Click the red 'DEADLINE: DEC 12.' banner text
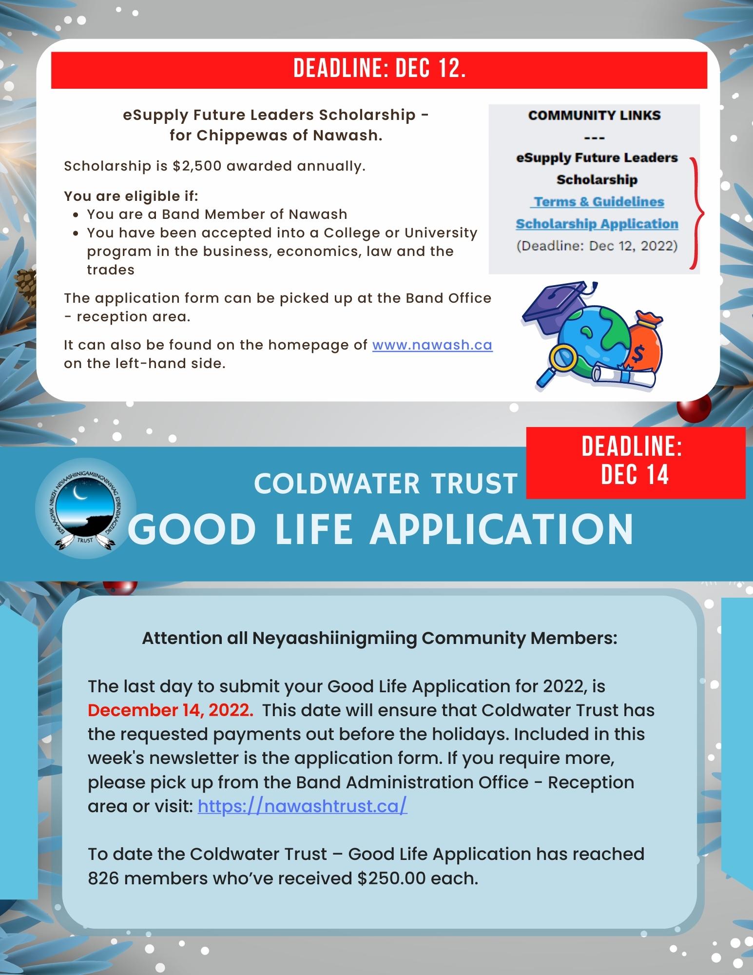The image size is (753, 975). pyautogui.click(x=379, y=70)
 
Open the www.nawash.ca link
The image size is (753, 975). pyautogui.click(x=432, y=345)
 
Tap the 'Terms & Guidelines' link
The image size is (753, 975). pyautogui.click(x=599, y=201)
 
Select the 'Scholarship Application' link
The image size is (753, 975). pyautogui.click(x=597, y=224)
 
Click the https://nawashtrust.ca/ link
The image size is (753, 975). pyautogui.click(x=302, y=806)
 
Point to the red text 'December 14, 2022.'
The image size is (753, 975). pyautogui.click(x=171, y=710)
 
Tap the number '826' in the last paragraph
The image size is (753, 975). pyautogui.click(x=103, y=878)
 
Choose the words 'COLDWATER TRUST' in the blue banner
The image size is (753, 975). pyautogui.click(x=385, y=484)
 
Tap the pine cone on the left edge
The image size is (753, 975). pyautogui.click(x=23, y=281)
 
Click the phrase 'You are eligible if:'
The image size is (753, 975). pyautogui.click(x=131, y=196)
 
